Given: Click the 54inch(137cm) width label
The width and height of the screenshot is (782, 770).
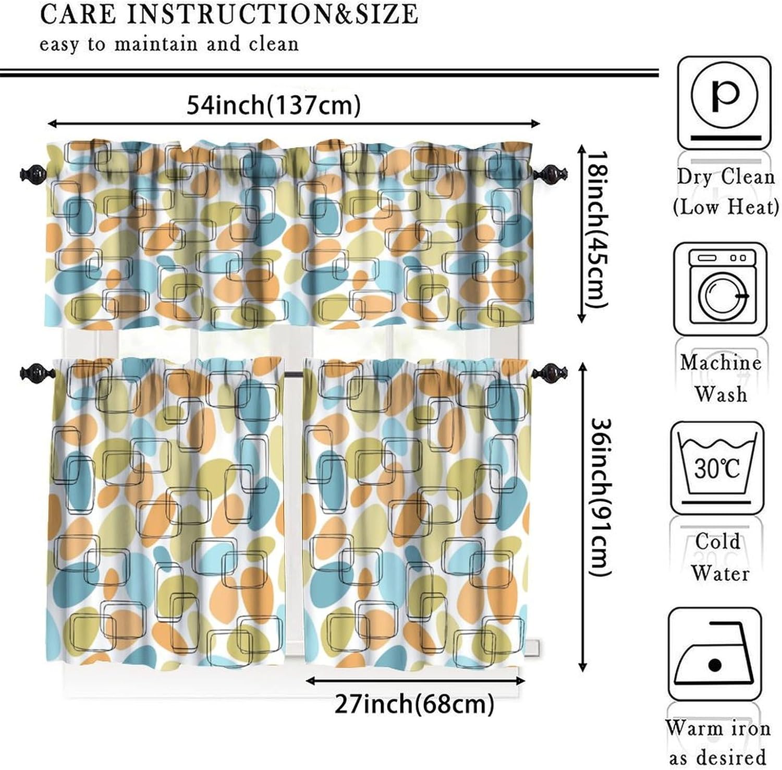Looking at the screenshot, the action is [x=273, y=106].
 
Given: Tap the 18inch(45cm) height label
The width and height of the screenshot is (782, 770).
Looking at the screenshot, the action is [x=595, y=230].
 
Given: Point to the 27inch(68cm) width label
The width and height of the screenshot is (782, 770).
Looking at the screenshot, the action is [x=414, y=704].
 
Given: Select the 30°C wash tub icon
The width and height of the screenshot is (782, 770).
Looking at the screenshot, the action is [x=717, y=467].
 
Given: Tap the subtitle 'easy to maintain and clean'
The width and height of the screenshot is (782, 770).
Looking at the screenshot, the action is [x=169, y=44].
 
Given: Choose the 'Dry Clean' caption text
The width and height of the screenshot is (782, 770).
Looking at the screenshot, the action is [x=725, y=177].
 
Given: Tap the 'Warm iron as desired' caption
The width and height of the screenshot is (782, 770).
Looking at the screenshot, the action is [x=718, y=742].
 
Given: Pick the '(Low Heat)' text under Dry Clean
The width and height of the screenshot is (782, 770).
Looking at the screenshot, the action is [x=725, y=208].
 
